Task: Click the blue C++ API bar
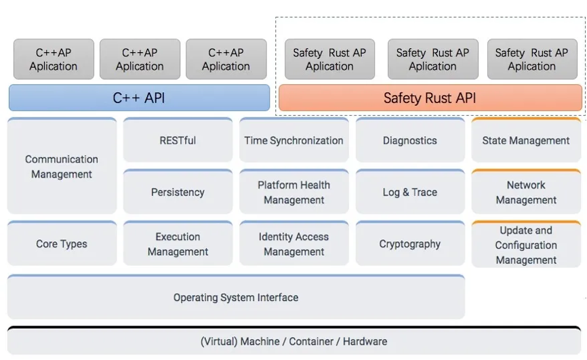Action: coord(139,98)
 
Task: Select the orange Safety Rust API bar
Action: coord(430,98)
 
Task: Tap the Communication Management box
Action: coord(62,166)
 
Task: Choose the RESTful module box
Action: coord(178,140)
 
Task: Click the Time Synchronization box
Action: coord(294,140)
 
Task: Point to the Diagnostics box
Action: coord(410,140)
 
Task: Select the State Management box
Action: coord(526,140)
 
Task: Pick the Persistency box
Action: coord(178,192)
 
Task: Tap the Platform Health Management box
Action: coord(294,192)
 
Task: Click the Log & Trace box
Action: coord(410,192)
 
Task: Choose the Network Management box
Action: coord(526,192)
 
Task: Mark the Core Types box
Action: coord(62,243)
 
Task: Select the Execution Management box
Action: coord(178,243)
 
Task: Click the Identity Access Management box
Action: coord(294,243)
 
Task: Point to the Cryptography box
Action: coord(410,243)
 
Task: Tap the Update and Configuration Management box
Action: coord(526,244)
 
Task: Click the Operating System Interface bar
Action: coord(236,297)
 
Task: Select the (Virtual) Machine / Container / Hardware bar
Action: coord(294,340)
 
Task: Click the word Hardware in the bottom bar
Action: coord(365,341)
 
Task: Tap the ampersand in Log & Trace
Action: coord(406,192)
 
